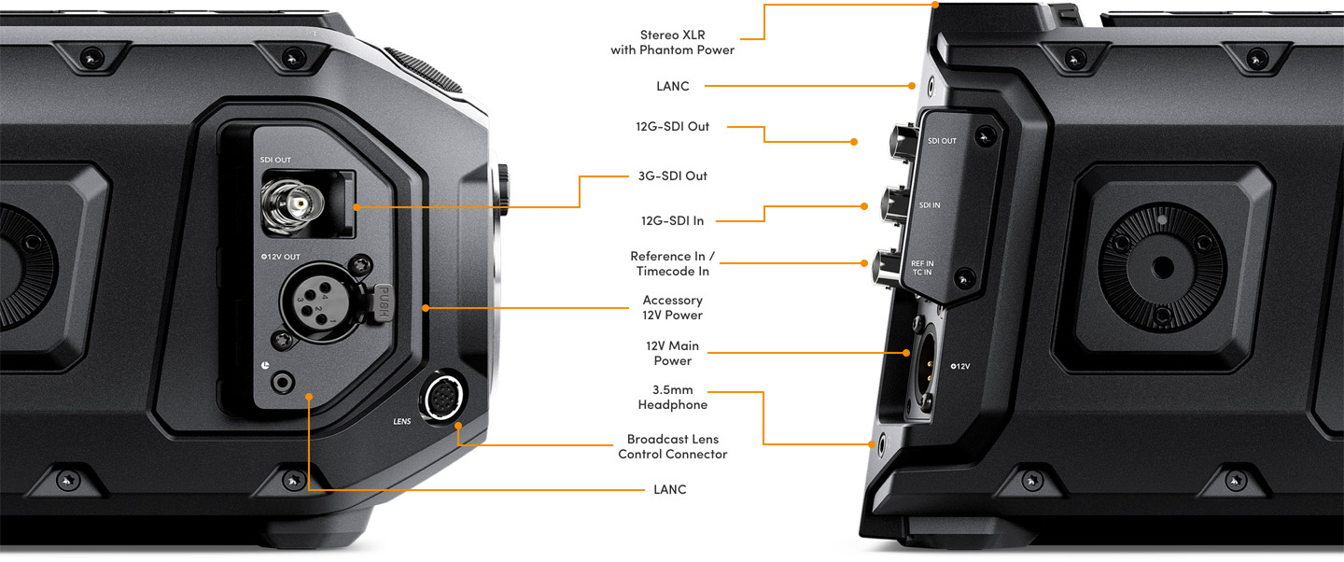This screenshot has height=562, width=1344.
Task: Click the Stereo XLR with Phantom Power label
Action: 672,42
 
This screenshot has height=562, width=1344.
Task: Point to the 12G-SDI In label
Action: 672,220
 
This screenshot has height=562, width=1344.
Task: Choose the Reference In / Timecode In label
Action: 672,263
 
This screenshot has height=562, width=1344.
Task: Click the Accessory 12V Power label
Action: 672,307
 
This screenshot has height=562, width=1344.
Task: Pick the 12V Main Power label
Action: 672,353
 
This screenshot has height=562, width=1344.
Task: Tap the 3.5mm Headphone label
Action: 672,397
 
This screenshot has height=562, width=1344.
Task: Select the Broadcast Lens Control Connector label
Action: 672,446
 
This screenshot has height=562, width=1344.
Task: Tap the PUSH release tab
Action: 382,303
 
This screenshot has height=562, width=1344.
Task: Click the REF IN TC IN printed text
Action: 922,269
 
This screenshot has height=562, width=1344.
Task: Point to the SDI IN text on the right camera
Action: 930,204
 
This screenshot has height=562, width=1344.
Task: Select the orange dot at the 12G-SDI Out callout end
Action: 853,142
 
